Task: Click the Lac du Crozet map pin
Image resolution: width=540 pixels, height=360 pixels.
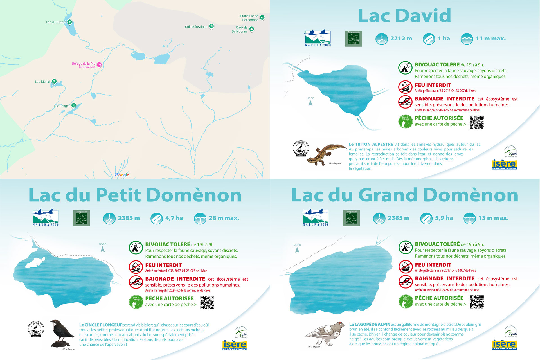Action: [x=69, y=22]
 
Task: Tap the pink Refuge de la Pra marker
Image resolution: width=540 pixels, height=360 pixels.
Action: [x=99, y=65]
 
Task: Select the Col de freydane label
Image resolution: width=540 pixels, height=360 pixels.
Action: [x=196, y=27]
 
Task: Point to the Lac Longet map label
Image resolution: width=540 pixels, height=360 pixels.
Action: [x=62, y=106]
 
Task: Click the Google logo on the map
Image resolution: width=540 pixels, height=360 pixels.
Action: [x=122, y=175]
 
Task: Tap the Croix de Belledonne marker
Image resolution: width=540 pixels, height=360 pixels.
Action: [x=252, y=29]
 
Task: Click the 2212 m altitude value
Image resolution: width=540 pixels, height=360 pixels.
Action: [x=401, y=39]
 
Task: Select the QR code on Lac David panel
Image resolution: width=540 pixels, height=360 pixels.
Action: [x=476, y=122]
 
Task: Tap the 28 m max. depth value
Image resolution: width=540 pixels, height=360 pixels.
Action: [x=224, y=218]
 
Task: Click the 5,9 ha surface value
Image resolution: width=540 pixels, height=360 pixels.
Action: [x=444, y=218]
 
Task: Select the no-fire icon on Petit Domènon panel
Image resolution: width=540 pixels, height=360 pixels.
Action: [x=136, y=267]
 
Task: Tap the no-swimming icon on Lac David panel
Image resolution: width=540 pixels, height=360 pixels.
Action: [x=405, y=102]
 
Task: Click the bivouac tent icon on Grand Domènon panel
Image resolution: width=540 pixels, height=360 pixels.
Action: [x=406, y=247]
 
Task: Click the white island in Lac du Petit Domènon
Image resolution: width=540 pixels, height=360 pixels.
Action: [x=35, y=263]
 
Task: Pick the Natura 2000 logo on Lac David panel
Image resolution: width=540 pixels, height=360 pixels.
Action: [x=318, y=38]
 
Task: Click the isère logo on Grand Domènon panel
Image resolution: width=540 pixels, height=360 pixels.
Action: [x=504, y=345]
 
